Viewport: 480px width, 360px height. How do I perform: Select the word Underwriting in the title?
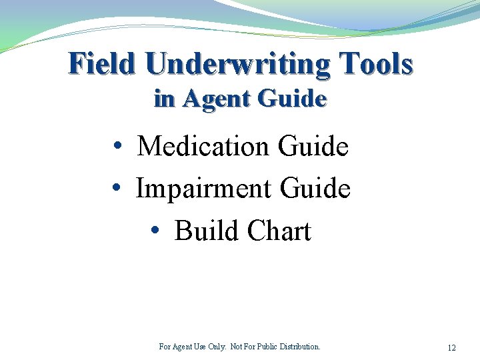click(237, 64)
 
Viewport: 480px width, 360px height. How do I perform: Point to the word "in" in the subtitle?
click(164, 99)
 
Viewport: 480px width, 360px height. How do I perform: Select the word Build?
click(206, 231)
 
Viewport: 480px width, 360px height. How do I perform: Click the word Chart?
click(279, 231)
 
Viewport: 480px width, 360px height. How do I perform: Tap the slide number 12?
click(451, 348)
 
